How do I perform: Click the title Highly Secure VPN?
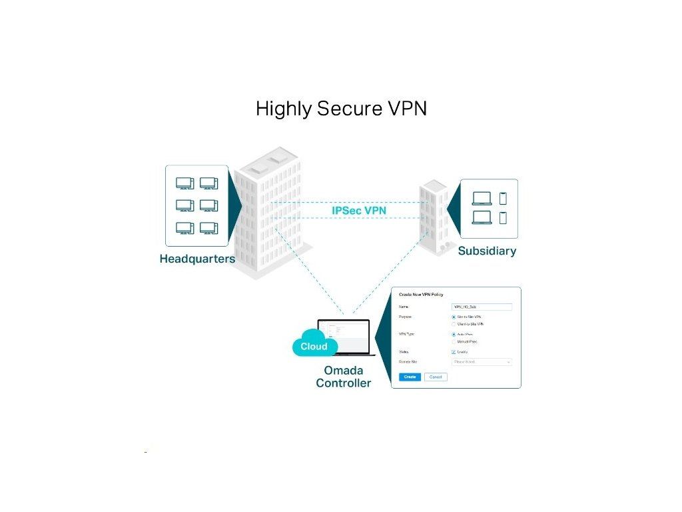point(341,109)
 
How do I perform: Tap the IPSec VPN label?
point(359,211)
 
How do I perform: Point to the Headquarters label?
point(197,259)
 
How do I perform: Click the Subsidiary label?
point(487,251)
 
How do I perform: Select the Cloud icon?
point(314,345)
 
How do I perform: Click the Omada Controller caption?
point(344,377)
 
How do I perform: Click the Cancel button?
point(436,377)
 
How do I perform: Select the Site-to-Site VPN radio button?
point(454,317)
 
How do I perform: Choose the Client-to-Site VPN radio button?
point(454,324)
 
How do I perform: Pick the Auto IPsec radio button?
point(454,334)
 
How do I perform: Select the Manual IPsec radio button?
point(454,341)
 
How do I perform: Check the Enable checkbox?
point(454,351)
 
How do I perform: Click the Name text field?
point(482,307)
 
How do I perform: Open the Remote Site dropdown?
point(482,362)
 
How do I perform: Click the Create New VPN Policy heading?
point(421,295)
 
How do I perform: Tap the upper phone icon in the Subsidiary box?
point(503,198)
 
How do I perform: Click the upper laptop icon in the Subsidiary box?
point(482,199)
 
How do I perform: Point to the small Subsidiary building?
point(433,217)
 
